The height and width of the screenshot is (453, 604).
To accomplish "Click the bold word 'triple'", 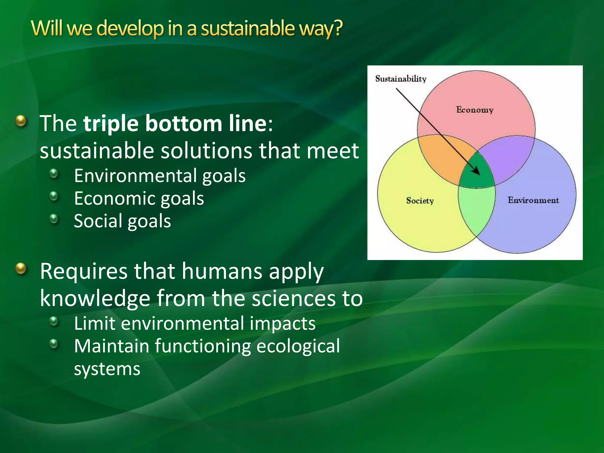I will coord(111,124).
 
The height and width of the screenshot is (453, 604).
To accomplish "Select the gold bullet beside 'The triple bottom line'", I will coord(21,121).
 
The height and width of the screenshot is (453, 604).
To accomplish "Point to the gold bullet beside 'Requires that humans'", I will coord(21,269).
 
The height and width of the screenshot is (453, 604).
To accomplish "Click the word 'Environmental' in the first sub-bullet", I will coord(135,176).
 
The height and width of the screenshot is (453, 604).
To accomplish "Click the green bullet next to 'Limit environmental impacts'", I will coord(54,321).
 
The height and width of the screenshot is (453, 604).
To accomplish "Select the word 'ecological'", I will coord(298,346).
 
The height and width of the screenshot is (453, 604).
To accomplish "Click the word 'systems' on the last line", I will coord(107,369).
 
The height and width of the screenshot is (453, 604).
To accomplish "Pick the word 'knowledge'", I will coord(95,298).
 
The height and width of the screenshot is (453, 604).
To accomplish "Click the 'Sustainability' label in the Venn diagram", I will coord(401,79).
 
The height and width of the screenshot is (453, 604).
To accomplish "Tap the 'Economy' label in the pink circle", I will coord(475,110).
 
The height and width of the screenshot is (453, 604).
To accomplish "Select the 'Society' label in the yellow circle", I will coord(420,201).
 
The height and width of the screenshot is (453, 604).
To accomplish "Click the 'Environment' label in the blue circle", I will coord(533,200).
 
